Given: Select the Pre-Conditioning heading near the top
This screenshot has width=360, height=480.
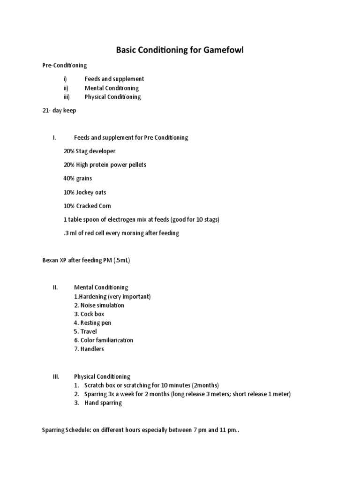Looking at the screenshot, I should point(65,65).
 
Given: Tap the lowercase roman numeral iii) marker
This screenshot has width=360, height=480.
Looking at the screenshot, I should point(66,97).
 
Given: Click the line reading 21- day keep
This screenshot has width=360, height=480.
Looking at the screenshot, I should point(59,111).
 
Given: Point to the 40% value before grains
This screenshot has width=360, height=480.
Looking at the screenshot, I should point(69,178).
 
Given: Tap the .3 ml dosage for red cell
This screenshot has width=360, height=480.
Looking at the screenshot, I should point(70,233).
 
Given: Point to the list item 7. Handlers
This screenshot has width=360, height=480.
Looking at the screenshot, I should point(89,349).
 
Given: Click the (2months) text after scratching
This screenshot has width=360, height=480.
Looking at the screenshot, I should point(203,385).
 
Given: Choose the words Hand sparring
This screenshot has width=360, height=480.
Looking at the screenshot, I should point(103,403).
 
